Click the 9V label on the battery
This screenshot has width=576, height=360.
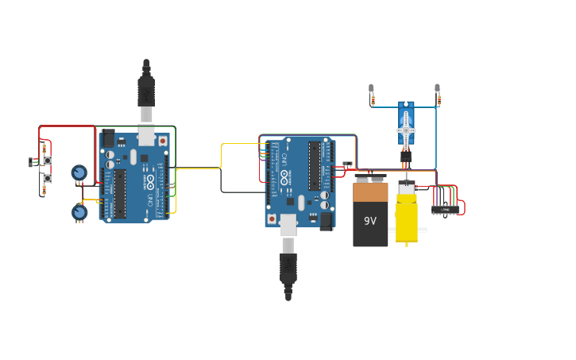[370, 221]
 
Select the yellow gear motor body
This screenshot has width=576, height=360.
[406, 219]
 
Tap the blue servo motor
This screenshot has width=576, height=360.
[406, 126]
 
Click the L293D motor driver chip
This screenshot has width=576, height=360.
[445, 210]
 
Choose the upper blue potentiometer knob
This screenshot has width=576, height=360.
[79, 172]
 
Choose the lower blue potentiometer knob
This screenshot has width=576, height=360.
[79, 212]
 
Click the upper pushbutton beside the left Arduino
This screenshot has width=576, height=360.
[48, 161]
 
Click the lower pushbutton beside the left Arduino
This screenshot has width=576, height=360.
[48, 179]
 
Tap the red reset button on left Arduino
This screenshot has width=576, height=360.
[162, 141]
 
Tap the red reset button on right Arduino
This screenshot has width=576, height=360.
[272, 218]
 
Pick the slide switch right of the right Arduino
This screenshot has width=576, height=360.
[347, 165]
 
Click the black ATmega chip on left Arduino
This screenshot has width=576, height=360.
[119, 193]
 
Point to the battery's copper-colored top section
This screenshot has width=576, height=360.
[370, 192]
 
